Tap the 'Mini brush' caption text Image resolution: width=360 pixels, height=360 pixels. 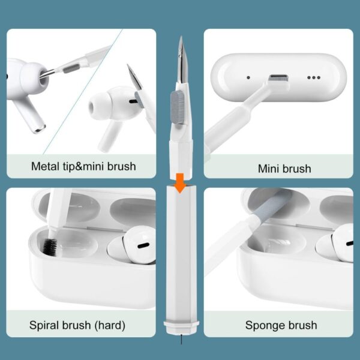coord(284,169)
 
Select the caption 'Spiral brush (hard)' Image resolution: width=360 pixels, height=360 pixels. coord(77,326)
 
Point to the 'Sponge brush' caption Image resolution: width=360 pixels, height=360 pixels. coord(281,326)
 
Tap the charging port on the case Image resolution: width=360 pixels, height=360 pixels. coord(277,79)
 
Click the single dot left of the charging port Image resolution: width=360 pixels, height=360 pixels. coord(248,77)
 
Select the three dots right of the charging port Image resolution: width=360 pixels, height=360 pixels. coord(314,77)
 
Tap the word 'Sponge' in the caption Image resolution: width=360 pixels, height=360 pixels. coord(265,326)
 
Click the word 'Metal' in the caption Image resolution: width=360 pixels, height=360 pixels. coord(45,165)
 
